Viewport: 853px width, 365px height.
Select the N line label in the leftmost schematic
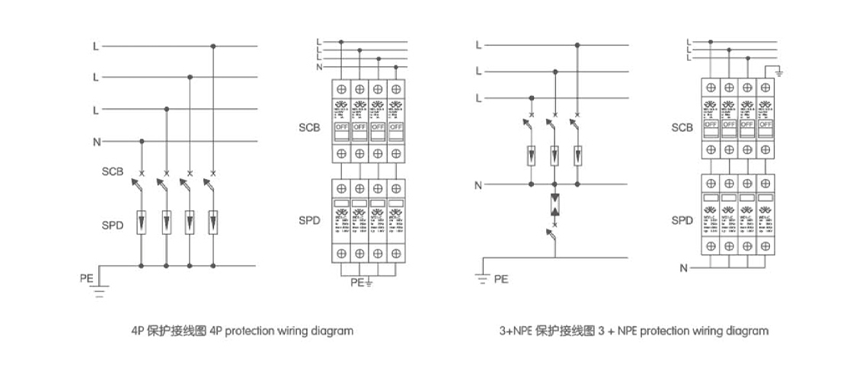click(95, 141)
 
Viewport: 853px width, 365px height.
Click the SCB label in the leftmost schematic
click(113, 171)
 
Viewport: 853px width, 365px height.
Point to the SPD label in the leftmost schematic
click(113, 226)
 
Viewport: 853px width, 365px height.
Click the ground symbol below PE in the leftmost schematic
click(100, 290)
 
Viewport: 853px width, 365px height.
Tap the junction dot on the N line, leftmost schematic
click(142, 141)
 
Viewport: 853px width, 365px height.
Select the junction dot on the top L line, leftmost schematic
click(213, 46)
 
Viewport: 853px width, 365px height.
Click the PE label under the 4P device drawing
click(356, 283)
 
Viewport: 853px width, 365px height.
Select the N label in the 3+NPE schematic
click(478, 184)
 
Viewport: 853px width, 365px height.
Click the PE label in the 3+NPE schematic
click(500, 279)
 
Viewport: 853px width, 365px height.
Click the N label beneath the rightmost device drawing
click(683, 267)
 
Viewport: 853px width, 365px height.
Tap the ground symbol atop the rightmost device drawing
click(778, 73)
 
